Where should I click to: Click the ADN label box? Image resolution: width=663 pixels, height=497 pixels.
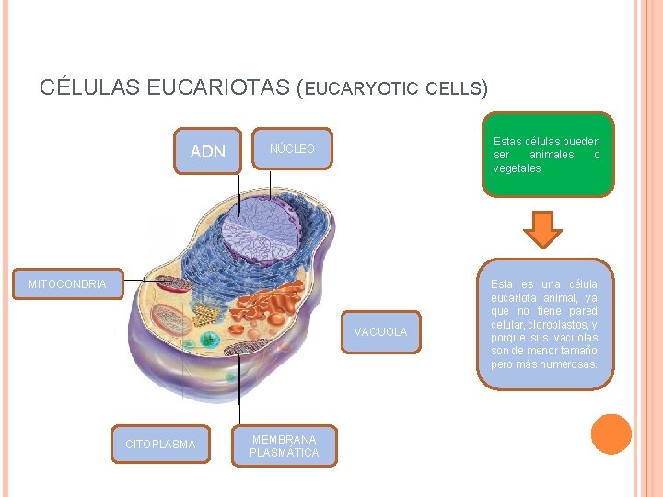pyautogui.click(x=207, y=151)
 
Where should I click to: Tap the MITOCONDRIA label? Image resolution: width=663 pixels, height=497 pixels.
pyautogui.click(x=67, y=284)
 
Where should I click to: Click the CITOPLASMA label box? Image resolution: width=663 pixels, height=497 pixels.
pyautogui.click(x=160, y=445)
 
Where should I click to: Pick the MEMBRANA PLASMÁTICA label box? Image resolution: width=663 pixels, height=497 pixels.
pyautogui.click(x=284, y=446)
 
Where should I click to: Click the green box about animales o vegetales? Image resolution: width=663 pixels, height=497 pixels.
pyautogui.click(x=547, y=155)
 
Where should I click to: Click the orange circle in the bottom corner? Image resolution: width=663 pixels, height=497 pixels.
pyautogui.click(x=611, y=433)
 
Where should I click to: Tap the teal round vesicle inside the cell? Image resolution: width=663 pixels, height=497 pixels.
pyautogui.click(x=211, y=340)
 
